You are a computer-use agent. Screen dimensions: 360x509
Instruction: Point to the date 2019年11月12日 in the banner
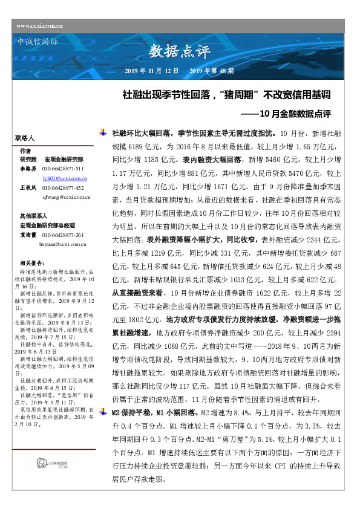[151, 71]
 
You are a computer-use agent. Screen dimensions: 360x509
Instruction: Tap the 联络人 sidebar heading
[24, 138]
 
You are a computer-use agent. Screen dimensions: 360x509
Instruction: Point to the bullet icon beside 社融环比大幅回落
[106, 131]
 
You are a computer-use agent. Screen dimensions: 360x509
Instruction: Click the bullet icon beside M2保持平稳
[106, 395]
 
